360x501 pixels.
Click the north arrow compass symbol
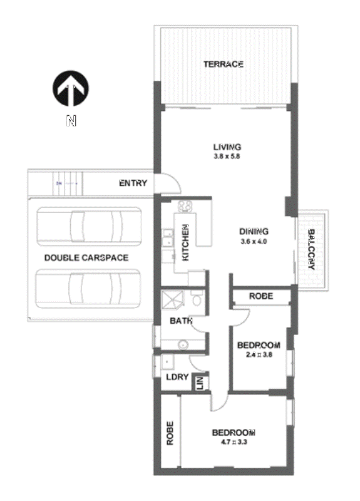[x=71, y=89]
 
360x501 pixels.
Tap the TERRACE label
[x=223, y=64]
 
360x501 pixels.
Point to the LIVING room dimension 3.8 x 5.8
[x=226, y=157]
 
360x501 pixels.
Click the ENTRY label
[x=133, y=183]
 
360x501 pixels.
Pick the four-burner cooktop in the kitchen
[x=186, y=207]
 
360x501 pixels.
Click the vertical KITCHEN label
[x=185, y=242]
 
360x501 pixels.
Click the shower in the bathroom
[x=173, y=301]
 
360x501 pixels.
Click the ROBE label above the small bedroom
[x=261, y=296]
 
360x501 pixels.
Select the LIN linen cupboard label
[x=200, y=382]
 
